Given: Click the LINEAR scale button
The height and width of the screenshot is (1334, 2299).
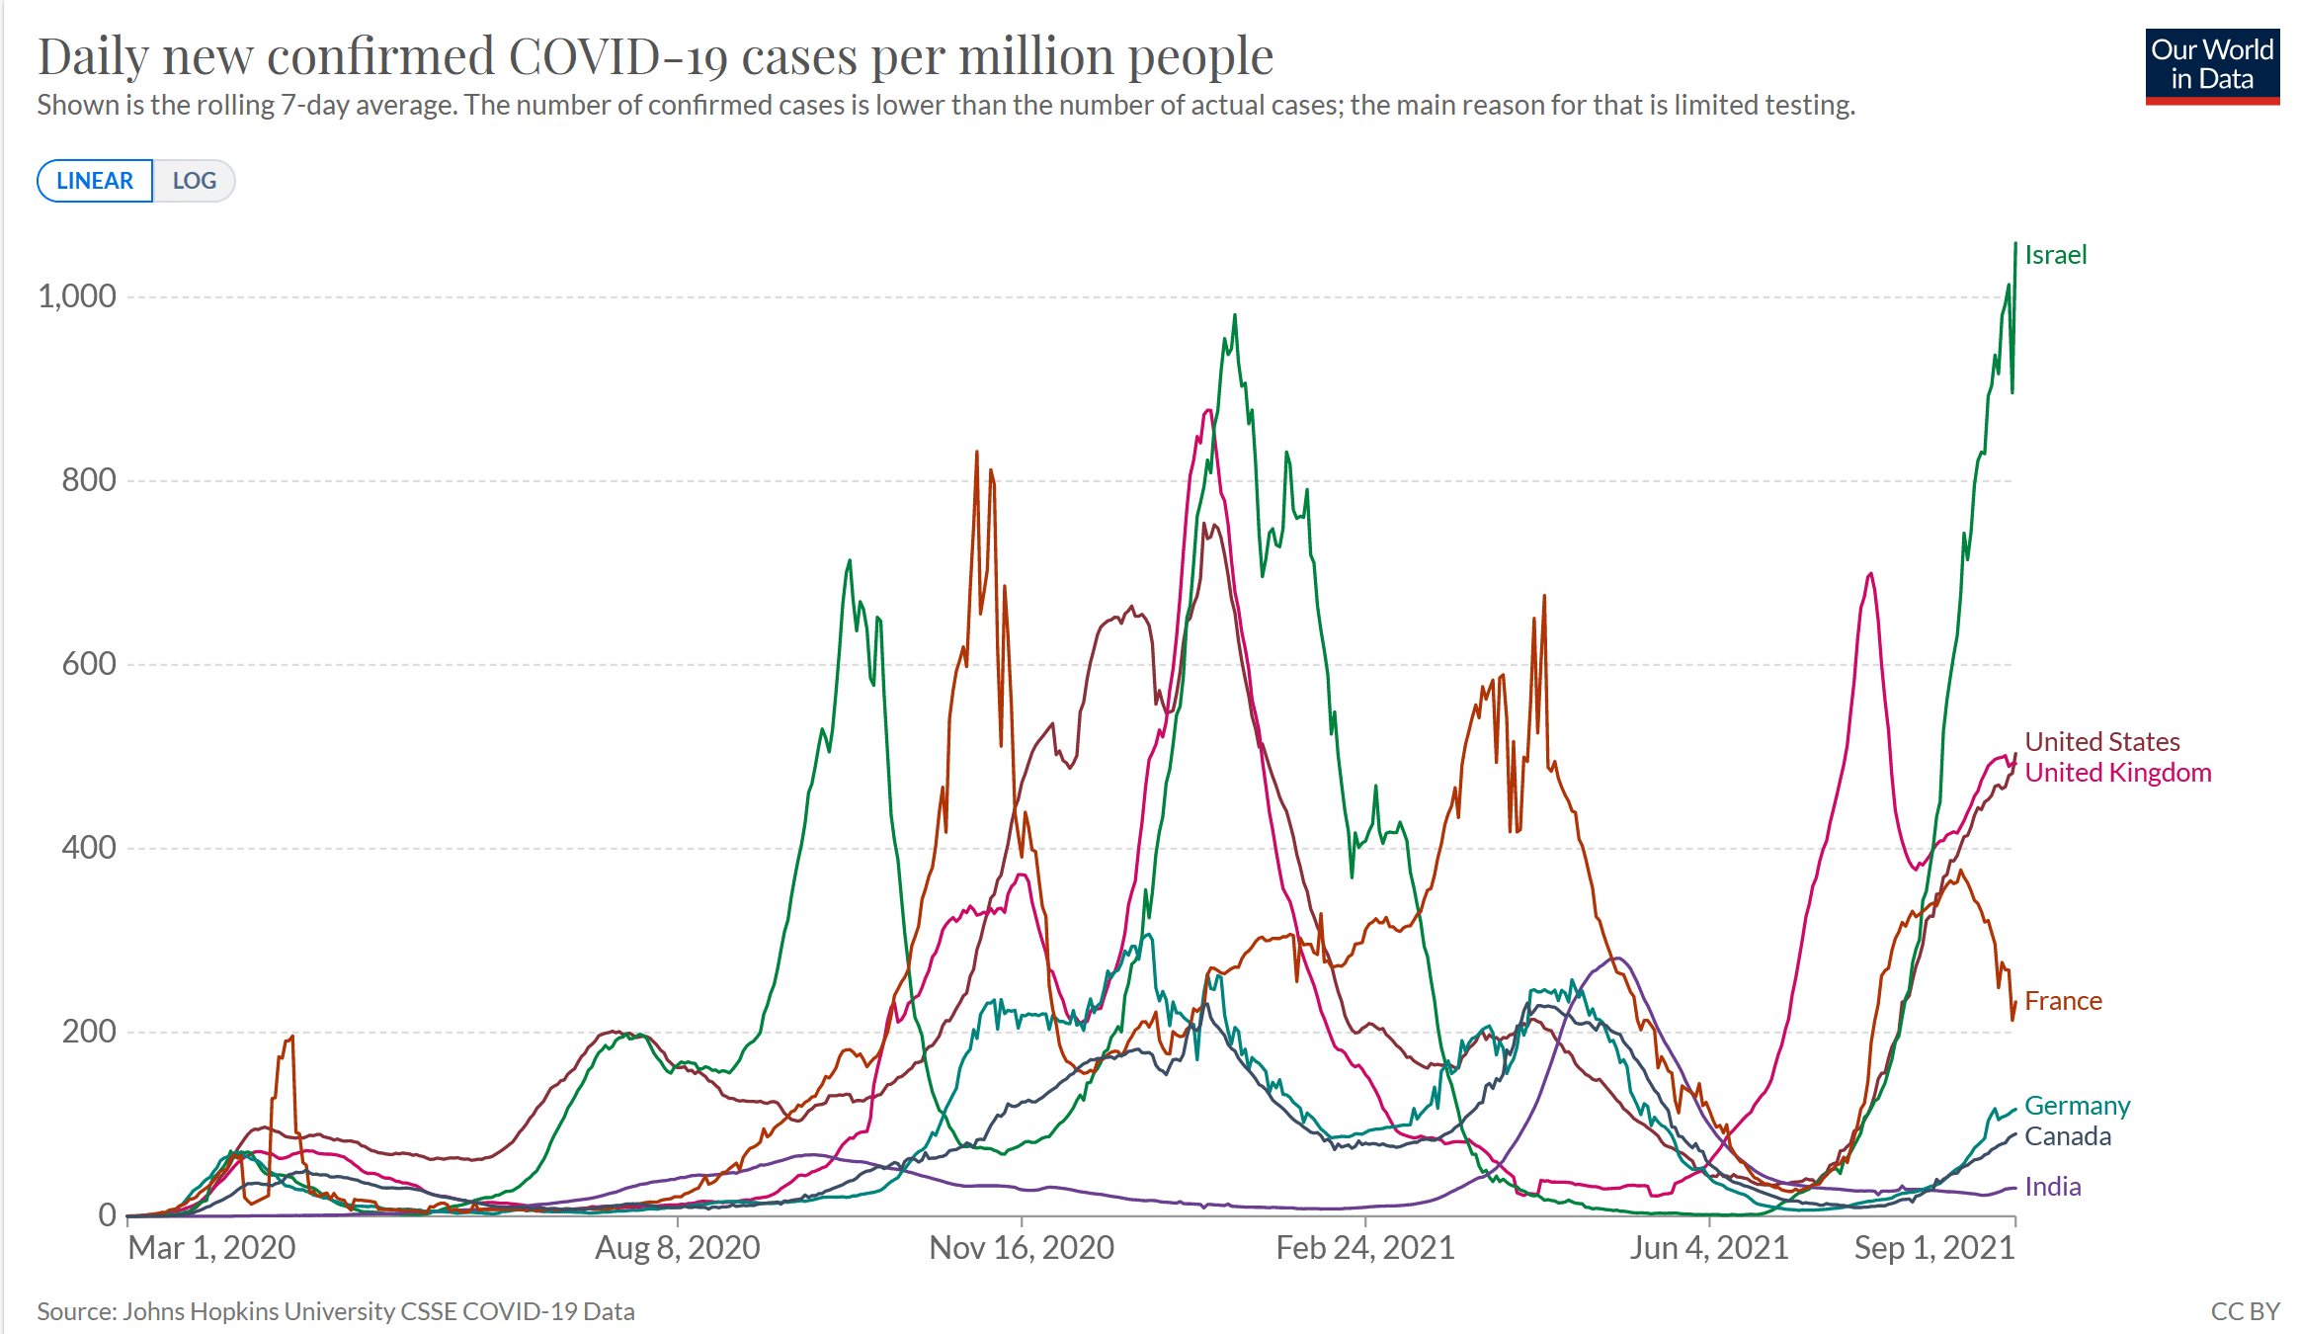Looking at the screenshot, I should coord(95,181).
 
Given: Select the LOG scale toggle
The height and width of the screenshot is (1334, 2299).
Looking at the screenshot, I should coord(195,181).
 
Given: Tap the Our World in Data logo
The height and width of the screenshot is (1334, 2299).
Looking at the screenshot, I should coord(2212,66).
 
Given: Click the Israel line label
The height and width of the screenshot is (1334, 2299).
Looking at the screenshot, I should coord(2055,255).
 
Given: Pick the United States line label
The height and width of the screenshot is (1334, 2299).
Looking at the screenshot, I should coord(2101,741).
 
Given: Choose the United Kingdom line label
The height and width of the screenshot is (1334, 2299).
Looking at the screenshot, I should coord(2117,773).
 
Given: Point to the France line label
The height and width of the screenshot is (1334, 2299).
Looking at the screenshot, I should coord(2063,1001).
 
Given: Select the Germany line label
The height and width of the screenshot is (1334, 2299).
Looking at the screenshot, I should coord(2077,1106).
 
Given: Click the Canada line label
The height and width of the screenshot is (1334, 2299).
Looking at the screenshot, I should coord(2067,1136).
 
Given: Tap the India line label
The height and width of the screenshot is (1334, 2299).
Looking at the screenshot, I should coord(2052,1187).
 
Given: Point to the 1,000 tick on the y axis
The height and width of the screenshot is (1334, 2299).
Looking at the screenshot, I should coord(77,296).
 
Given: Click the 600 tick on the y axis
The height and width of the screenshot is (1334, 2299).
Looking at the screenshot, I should coord(89,664).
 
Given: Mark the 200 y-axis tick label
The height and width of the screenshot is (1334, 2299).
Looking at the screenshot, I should coord(89,1032).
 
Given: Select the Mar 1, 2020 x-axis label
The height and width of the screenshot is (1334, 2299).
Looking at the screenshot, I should coord(211,1248).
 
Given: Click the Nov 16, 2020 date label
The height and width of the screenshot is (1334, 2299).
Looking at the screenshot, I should coord(1022,1248).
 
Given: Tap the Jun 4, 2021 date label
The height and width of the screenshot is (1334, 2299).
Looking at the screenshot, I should coord(1709,1248).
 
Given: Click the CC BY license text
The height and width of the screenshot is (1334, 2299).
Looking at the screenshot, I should coord(2245,1311).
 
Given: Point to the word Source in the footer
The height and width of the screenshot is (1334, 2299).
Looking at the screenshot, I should coord(76,1311).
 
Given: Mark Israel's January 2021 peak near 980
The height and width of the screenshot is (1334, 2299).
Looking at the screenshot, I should coord(1235,316).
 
